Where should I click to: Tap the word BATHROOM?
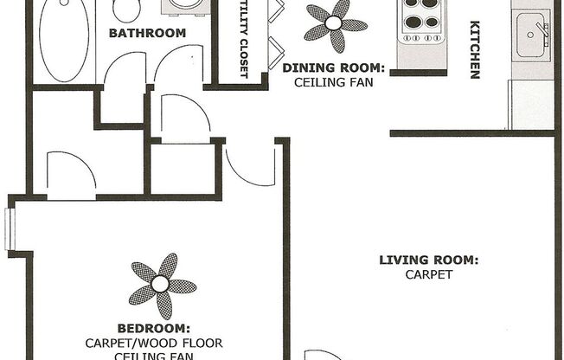point(147,34)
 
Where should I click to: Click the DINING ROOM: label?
point(332,67)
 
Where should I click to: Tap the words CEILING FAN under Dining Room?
point(332,83)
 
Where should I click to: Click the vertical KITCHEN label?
point(474,49)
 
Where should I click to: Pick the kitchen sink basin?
point(529,35)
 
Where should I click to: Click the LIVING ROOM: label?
point(429,260)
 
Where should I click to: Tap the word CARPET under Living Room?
point(430,275)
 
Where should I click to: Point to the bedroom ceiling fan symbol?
point(161,285)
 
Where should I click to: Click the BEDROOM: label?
point(153,328)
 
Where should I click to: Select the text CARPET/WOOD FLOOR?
point(154,343)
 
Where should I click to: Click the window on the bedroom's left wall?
point(10,229)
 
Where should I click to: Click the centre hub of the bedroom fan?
point(161,284)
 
